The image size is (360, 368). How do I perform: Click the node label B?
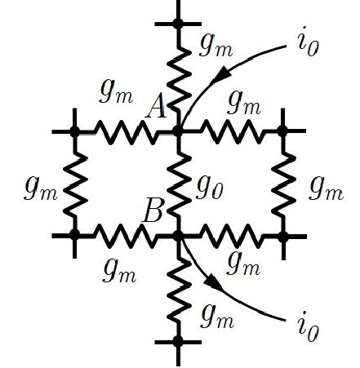pyautogui.click(x=153, y=214)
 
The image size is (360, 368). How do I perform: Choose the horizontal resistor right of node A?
pyautogui.click(x=231, y=131)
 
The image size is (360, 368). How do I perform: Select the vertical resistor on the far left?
pyautogui.click(x=75, y=183)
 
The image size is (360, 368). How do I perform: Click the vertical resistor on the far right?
pyautogui.click(x=283, y=183)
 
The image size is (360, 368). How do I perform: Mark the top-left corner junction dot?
pyautogui.click(x=75, y=131)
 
